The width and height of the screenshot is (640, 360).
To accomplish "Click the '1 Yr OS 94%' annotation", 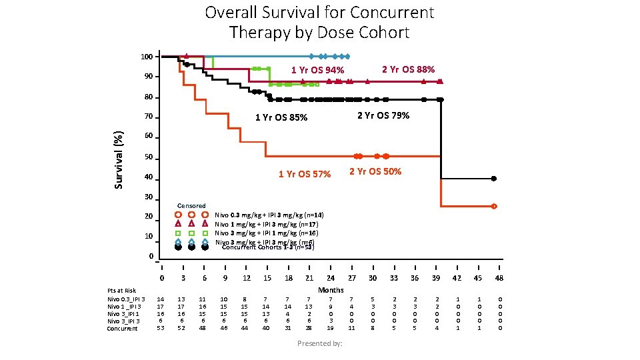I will coord(317,71).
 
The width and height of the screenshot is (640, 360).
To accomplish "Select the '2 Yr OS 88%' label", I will coord(408,69).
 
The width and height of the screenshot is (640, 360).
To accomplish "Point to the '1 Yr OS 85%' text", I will coord(281,118).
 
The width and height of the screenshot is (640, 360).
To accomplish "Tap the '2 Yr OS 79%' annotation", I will coord(383,115).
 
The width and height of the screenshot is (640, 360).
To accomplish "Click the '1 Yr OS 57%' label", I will coord(305,175).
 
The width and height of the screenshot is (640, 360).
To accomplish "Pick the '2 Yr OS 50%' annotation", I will coord(375,171).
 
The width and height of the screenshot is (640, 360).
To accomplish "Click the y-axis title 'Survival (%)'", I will coord(119,158).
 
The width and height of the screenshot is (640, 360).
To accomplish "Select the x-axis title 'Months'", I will coord(331,289).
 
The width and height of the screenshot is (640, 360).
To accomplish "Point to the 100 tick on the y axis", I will coord(147,57).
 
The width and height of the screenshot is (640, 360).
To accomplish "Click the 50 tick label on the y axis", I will coord(149,158).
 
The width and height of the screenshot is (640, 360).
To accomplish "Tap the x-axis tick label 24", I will coord(331,277).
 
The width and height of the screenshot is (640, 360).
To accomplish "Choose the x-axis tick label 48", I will coord(499,277).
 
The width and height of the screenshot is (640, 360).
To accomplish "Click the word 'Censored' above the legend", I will coord(191,205).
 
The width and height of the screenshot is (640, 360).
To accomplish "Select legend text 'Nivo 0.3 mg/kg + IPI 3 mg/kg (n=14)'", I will coord(269,215).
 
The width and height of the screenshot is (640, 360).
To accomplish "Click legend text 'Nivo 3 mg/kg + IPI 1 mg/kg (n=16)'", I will coord(267,233).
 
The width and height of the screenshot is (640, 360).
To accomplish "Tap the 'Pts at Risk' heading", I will coord(121,291).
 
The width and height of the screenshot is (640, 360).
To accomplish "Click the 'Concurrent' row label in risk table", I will coord(123,328).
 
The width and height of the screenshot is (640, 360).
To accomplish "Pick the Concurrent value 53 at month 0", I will coord(161,328).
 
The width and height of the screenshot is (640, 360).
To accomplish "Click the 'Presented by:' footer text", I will coord(319,343).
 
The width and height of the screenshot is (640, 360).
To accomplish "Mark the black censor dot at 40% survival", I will coord(493,179).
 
